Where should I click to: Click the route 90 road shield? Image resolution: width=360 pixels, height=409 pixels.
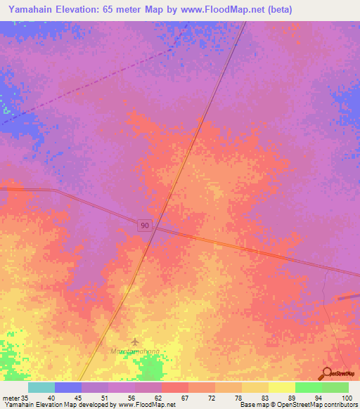(145, 224)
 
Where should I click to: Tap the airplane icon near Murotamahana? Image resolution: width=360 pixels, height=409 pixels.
(135, 342)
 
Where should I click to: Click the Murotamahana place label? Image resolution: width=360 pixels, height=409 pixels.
(135, 351)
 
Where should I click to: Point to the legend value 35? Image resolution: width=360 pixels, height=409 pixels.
(25, 398)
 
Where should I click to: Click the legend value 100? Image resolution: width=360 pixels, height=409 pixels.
(346, 398)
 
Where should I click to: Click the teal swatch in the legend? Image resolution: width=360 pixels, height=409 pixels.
(41, 387)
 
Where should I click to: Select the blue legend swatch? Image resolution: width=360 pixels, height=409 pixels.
(68, 387)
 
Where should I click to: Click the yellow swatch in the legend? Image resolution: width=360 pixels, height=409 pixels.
(281, 387)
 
